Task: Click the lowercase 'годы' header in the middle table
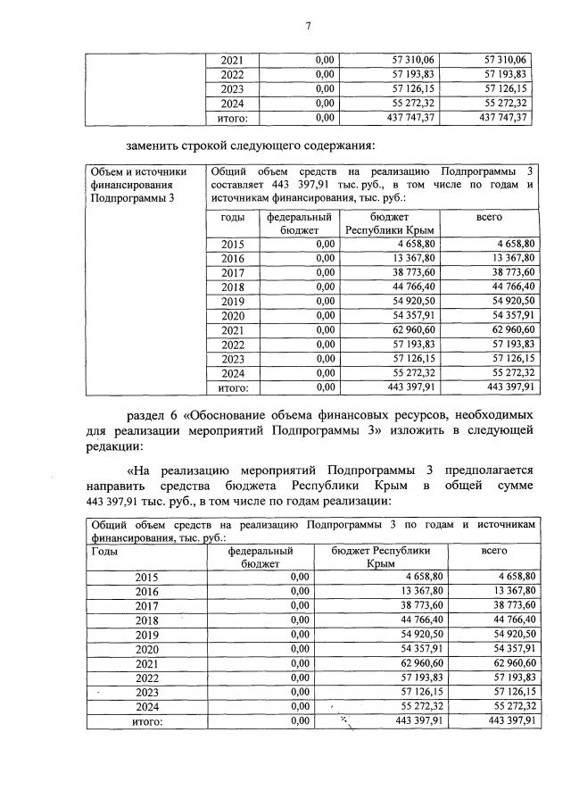click(x=232, y=217)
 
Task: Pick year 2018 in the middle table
click(x=232, y=287)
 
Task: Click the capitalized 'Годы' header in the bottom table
click(x=104, y=552)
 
